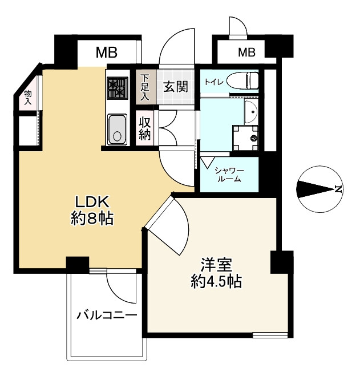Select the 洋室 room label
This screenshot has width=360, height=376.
215,265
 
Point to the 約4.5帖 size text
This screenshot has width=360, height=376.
215,281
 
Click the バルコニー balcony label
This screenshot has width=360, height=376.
106,314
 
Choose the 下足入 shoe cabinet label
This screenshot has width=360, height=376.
145,87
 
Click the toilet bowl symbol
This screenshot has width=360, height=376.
243,81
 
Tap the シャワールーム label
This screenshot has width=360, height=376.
228,174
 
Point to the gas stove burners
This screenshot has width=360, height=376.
118,88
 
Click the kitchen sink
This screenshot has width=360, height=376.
117,129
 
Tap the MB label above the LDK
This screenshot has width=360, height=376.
106,54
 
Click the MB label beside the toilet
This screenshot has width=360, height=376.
246,53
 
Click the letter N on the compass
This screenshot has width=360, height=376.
338,189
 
